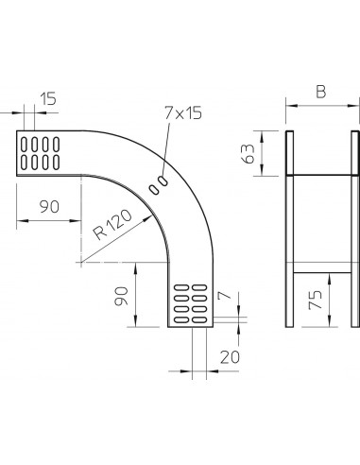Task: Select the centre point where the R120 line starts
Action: point(82,261)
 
